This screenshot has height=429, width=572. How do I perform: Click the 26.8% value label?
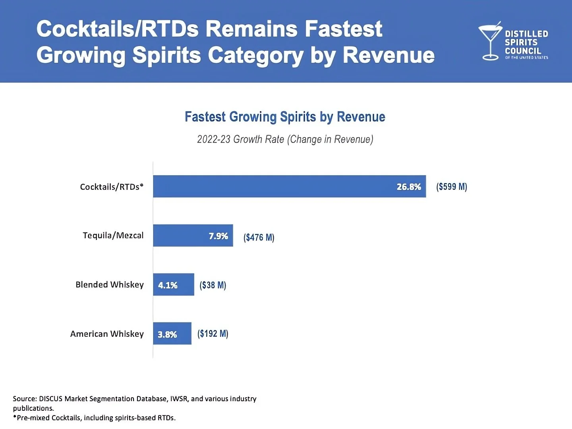(x=408, y=187)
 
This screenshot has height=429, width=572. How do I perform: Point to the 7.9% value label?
(x=218, y=236)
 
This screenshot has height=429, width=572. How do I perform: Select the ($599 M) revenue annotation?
(x=452, y=187)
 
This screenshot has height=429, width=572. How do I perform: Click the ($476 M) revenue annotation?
(x=259, y=237)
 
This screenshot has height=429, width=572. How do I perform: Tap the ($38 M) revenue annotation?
(x=213, y=285)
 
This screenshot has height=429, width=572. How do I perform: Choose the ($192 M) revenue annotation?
(x=213, y=333)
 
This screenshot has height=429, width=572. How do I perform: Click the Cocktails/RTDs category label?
(x=111, y=187)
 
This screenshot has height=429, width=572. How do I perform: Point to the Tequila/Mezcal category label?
(x=113, y=236)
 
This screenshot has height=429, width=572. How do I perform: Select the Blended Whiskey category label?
(x=109, y=284)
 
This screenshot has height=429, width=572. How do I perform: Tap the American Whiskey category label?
(x=107, y=334)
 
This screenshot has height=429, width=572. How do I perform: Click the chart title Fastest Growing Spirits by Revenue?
(x=285, y=117)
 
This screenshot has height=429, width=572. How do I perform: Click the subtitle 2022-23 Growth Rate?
(x=285, y=139)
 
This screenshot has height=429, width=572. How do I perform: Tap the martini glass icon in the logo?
(x=490, y=41)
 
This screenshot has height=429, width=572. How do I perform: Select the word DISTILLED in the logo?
(x=526, y=34)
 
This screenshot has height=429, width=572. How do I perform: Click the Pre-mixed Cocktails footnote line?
(x=95, y=417)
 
